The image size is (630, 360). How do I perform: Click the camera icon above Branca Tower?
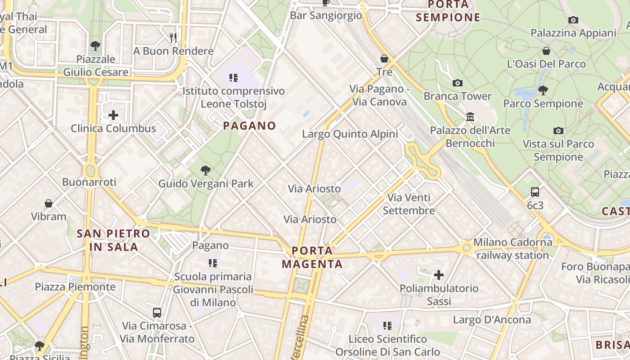coord(458,83)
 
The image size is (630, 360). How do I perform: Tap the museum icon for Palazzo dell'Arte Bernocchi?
coord(470,117)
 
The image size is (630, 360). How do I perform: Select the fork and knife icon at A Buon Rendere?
coord(173,37)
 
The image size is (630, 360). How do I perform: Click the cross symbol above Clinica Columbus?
coord(113,115)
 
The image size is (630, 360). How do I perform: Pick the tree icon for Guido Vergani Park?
coord(206,171)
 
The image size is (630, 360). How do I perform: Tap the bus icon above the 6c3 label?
coord(535,192)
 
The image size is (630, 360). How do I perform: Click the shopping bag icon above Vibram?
coord(49,203)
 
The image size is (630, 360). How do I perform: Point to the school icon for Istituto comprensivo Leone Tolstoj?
coord(233,78)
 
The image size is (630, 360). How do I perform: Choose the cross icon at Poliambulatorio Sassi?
coord(439,274)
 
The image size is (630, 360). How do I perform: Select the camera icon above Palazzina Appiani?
coord(573,20)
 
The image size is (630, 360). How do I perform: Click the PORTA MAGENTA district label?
coord(312,257)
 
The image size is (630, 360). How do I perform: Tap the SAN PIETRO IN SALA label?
coord(113,240)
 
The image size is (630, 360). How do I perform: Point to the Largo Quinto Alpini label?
coord(350,134)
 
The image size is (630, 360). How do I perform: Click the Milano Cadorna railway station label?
coord(513,249)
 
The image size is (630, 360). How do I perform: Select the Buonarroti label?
coord(89,182)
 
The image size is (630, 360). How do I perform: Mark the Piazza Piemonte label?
coord(75,287)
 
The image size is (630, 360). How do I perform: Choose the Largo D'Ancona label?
coord(492,320)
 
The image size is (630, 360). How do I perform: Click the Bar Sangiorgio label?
coord(326,15)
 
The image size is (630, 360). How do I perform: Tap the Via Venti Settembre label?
coord(409,204)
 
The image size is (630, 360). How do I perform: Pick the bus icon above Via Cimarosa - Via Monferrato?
coord(157,312)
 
